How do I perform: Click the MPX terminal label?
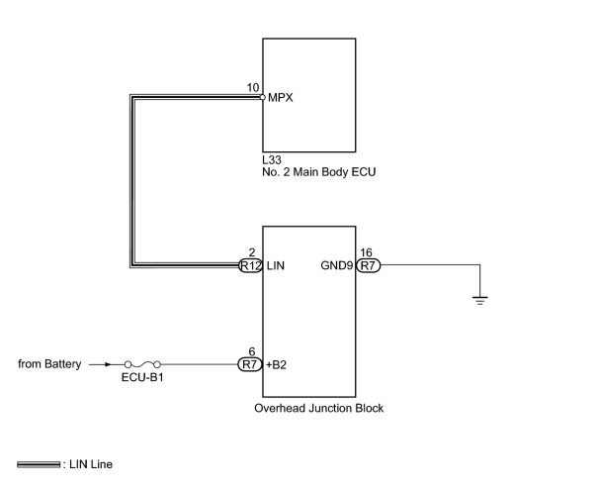[281, 98]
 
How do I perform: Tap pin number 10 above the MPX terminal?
[252, 88]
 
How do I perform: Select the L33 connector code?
[272, 160]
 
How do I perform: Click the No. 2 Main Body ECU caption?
[319, 172]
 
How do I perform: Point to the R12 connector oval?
[250, 265]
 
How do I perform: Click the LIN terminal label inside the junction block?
[276, 265]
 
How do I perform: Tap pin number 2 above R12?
[252, 252]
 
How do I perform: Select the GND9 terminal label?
[337, 265]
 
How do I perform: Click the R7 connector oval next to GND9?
[368, 265]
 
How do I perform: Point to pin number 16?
[366, 252]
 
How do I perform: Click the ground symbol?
[479, 301]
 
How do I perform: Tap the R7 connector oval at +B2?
[250, 364]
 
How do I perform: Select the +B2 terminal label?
[276, 365]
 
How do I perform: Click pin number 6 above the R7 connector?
[252, 351]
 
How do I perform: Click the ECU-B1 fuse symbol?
[142, 364]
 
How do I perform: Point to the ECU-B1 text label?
[142, 378]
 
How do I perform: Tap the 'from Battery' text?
[49, 364]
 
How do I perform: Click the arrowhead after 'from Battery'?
[109, 364]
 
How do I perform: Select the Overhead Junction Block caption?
[319, 409]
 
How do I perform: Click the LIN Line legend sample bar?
[39, 464]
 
